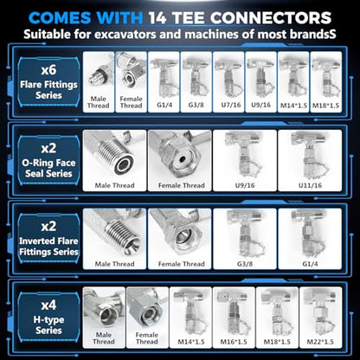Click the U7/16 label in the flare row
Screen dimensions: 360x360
[x=231, y=105]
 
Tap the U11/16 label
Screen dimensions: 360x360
[x=310, y=185]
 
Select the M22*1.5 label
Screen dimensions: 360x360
[x=320, y=342]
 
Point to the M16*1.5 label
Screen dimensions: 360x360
[x=234, y=342]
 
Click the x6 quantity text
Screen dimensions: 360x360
[x=48, y=70]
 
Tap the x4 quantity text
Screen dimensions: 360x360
[x=48, y=305]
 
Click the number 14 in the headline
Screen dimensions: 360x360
[x=157, y=18]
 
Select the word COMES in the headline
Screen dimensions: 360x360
[x=60, y=18]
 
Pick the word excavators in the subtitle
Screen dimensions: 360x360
[x=125, y=35]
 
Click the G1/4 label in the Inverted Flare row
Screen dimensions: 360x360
[x=310, y=264]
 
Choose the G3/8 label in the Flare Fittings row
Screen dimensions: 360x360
[x=196, y=105]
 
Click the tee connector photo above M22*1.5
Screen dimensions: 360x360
[x=319, y=312]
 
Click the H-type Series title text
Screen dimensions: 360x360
[x=48, y=325]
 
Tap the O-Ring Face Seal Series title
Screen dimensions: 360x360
[x=48, y=168]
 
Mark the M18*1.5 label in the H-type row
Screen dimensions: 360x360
[x=277, y=342]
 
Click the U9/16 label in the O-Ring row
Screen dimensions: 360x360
[x=245, y=185]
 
